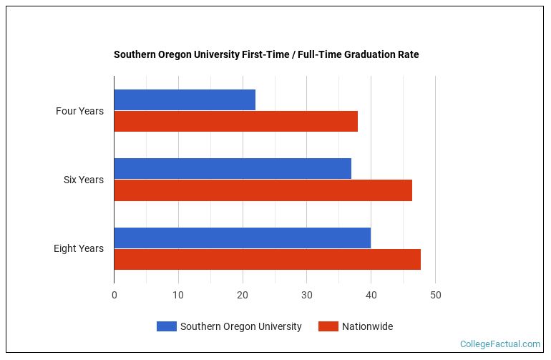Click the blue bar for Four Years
click(185, 100)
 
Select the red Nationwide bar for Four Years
click(235, 122)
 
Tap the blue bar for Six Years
click(233, 169)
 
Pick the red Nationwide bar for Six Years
click(263, 190)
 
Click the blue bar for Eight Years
click(242, 238)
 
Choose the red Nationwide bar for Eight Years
click(267, 259)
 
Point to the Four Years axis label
click(79, 111)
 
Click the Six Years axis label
click(83, 180)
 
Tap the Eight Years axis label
click(79, 248)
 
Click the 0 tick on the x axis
click(114, 295)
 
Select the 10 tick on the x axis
click(178, 295)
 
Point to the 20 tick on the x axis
click(243, 295)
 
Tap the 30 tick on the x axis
click(307, 295)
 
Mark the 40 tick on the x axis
click(371, 295)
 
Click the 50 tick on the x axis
click(435, 295)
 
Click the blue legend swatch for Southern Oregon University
click(166, 326)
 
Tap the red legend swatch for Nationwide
click(328, 326)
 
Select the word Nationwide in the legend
click(367, 326)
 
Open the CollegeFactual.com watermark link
click(499, 344)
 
